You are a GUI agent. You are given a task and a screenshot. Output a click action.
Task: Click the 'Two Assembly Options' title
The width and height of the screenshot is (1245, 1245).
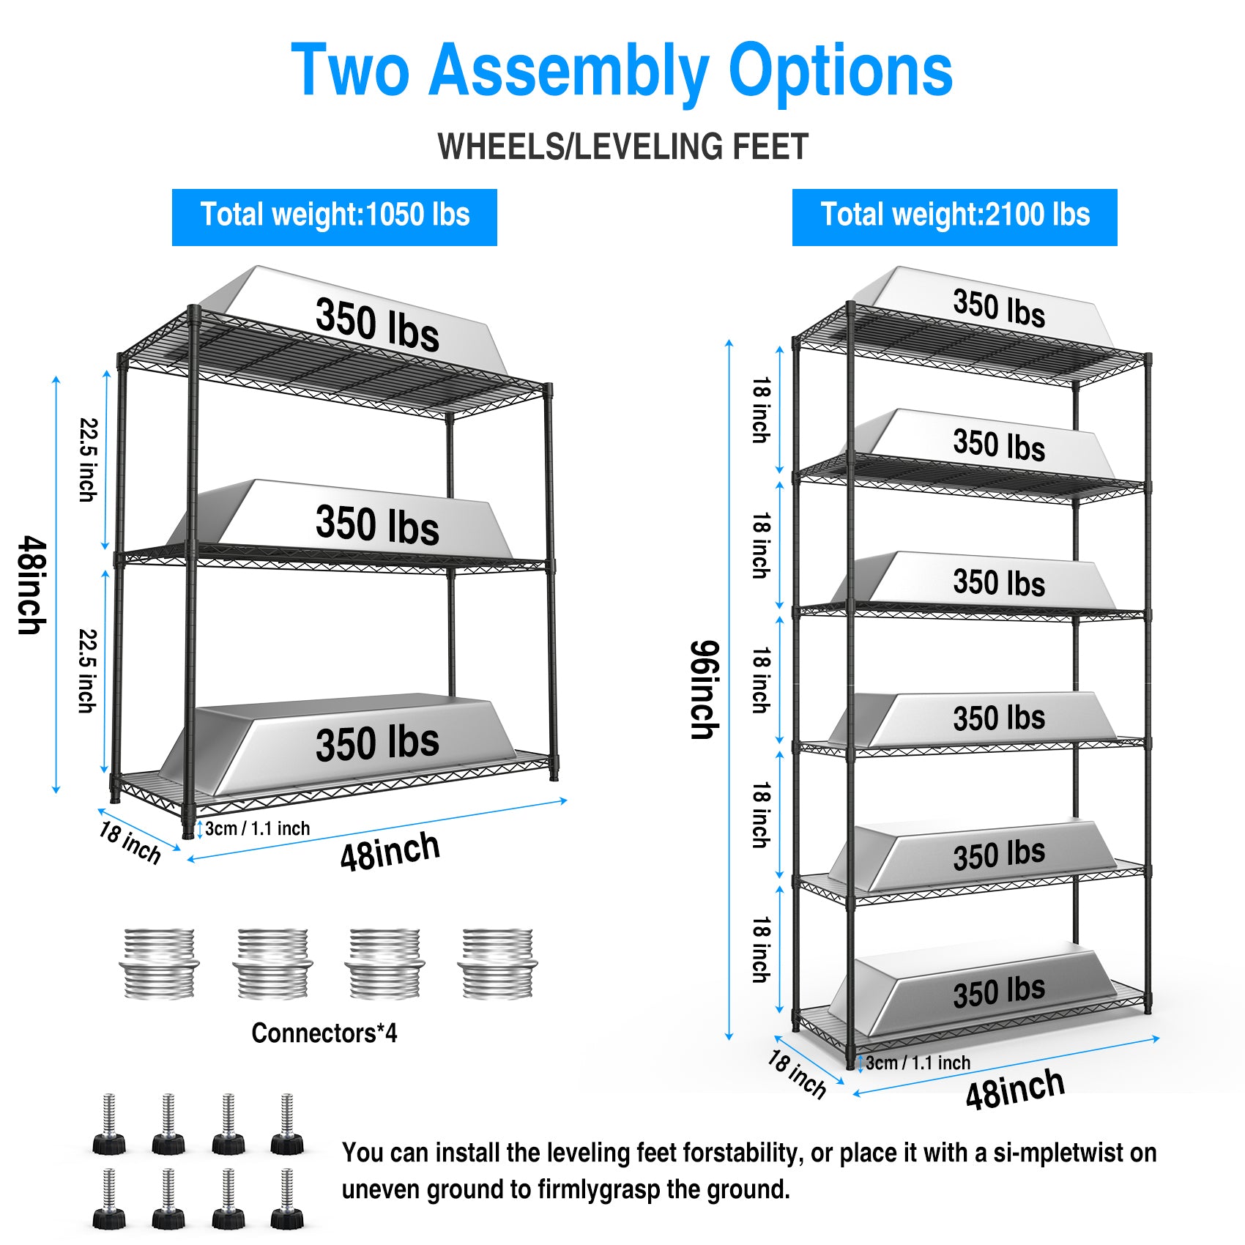[622, 70]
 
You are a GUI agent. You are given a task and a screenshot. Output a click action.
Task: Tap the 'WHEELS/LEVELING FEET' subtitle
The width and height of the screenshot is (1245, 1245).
[622, 146]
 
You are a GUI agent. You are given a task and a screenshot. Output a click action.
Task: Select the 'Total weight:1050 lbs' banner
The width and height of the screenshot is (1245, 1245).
[335, 216]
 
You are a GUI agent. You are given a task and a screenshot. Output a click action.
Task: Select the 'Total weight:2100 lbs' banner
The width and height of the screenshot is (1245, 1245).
[954, 216]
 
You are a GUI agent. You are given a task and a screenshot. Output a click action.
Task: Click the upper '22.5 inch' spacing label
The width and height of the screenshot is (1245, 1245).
[89, 460]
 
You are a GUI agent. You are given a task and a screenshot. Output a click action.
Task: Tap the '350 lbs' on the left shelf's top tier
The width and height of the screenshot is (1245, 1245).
[377, 324]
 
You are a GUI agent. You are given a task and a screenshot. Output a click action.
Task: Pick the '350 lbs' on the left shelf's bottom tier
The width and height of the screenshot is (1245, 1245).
[377, 743]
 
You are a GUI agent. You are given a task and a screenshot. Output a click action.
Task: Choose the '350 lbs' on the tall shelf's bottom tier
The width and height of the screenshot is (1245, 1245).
[999, 992]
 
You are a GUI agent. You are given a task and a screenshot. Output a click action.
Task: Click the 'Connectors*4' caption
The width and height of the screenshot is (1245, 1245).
[324, 1033]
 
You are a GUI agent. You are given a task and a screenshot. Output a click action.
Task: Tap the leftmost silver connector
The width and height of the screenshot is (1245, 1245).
[159, 963]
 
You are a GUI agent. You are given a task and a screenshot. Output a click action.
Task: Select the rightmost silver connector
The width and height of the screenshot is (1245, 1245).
[497, 963]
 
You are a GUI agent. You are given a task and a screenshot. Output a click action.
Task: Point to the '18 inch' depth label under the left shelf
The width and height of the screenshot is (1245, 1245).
[130, 842]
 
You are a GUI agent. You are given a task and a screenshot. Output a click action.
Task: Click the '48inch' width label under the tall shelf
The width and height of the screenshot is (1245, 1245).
[1014, 1089]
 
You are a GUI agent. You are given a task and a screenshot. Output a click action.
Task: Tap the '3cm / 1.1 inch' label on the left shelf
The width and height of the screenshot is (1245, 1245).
[257, 828]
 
